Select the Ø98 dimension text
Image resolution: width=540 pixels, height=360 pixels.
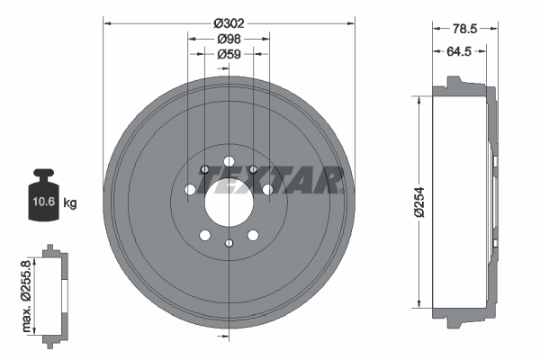229,39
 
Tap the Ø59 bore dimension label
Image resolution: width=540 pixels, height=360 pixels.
229,53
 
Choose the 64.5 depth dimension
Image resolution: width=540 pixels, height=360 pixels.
460,52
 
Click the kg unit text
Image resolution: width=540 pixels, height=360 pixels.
70,203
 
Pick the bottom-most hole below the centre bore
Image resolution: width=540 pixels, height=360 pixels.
229,243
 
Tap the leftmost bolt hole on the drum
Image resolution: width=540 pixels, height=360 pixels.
189,190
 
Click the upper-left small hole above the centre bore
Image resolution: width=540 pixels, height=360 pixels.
205,169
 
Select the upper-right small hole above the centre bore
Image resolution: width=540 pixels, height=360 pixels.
253,169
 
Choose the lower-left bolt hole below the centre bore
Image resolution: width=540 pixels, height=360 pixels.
205,235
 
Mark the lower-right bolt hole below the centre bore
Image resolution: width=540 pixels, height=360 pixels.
253,235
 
